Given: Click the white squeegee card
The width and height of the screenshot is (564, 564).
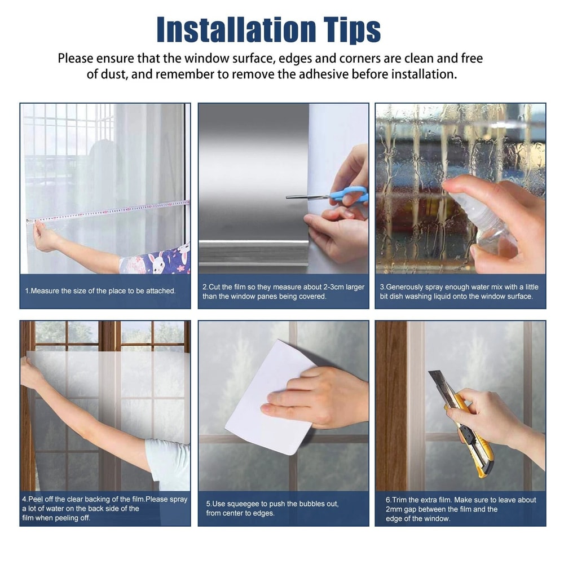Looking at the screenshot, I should tap(265, 395).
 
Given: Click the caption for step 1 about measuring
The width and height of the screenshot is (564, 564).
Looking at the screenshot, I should tap(100, 291).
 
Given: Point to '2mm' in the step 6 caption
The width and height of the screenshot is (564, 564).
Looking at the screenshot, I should tap(394, 509).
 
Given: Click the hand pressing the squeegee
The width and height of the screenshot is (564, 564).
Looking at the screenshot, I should tap(316, 395).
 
